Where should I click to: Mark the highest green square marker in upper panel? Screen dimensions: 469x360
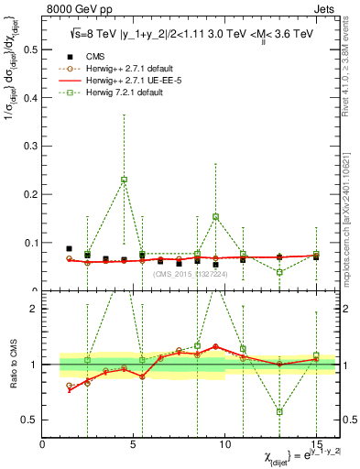coord(124,180)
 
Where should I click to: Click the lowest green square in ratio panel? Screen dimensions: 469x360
coord(279,411)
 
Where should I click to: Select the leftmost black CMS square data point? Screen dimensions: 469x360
coord(70,248)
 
